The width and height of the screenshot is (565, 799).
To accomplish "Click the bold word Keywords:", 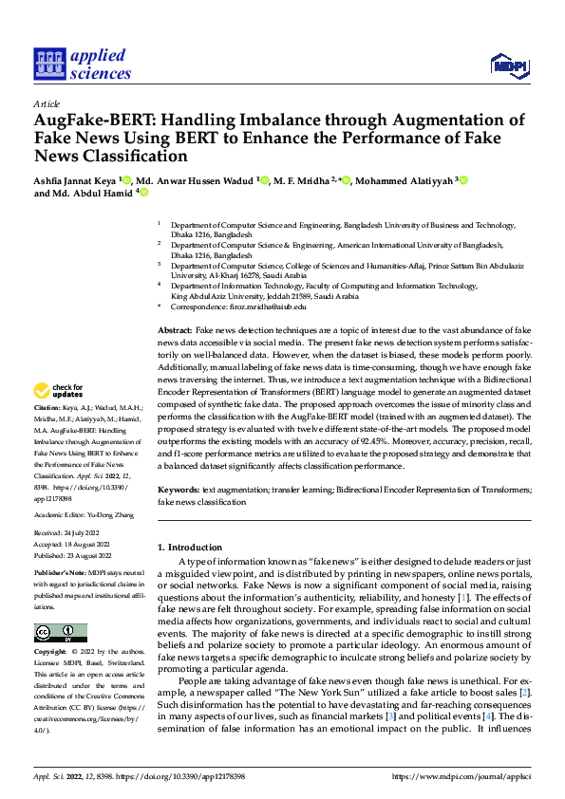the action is (x=178, y=490).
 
